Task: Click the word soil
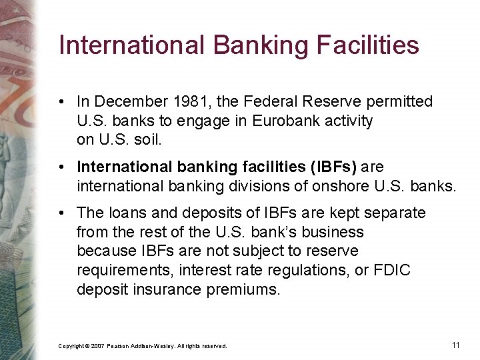[x=148, y=141]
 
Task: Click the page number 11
[x=456, y=345]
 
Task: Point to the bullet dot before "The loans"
[x=61, y=213]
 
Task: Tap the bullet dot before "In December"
[x=61, y=101]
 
